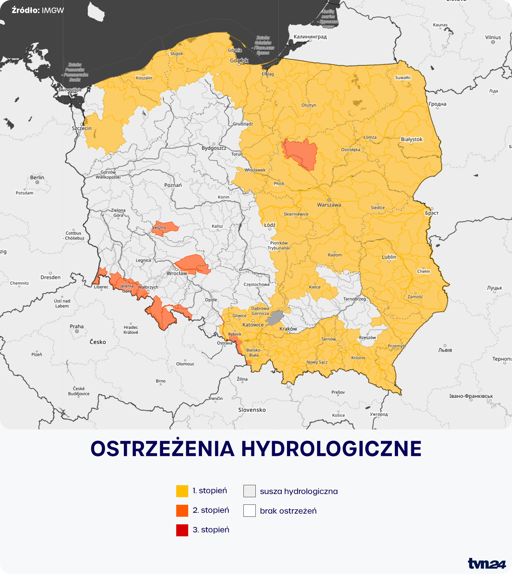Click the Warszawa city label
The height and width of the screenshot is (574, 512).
click(329, 205)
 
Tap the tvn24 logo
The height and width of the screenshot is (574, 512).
click(487, 563)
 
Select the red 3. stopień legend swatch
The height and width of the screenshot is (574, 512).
click(182, 530)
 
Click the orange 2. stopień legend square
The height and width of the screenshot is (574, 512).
click(182, 511)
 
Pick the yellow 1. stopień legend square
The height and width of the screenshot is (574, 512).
click(182, 491)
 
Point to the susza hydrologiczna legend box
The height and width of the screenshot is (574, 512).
click(249, 491)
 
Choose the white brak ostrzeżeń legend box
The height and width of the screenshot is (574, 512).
click(249, 511)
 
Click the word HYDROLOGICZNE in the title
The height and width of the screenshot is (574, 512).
click(331, 449)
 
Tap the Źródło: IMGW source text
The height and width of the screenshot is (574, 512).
click(38, 11)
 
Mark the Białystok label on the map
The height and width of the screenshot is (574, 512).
click(411, 139)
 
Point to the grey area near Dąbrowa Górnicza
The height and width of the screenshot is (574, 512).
click(275, 318)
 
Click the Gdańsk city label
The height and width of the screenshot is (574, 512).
click(239, 60)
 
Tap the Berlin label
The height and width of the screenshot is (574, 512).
click(37, 178)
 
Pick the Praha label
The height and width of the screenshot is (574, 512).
click(77, 327)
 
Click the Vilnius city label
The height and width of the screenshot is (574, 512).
click(493, 37)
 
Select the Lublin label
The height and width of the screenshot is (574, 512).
click(389, 257)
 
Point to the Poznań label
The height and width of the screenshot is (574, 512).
click(173, 185)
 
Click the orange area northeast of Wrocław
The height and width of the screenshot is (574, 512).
click(193, 264)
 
